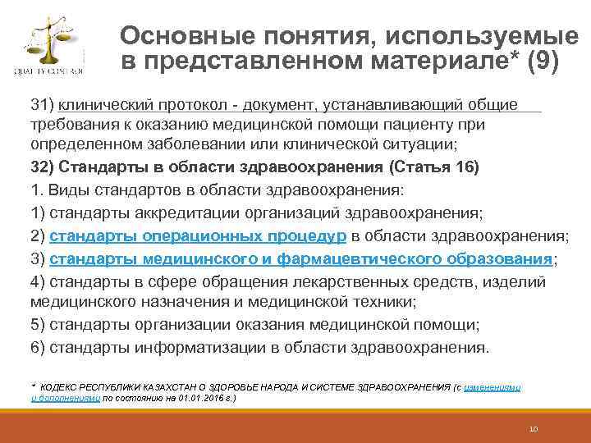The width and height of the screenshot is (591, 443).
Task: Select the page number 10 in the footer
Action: click(533, 428)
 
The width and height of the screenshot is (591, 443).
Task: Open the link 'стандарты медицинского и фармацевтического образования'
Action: click(301, 259)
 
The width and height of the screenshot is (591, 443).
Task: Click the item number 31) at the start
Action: click(42, 104)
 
